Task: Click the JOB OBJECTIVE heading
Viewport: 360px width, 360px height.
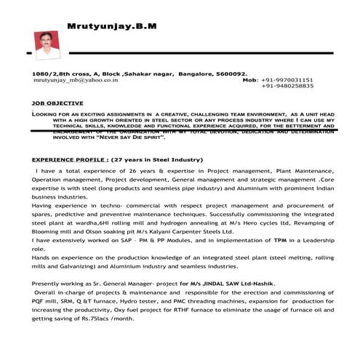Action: click(57, 103)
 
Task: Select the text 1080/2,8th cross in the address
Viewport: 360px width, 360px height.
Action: click(59, 73)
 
